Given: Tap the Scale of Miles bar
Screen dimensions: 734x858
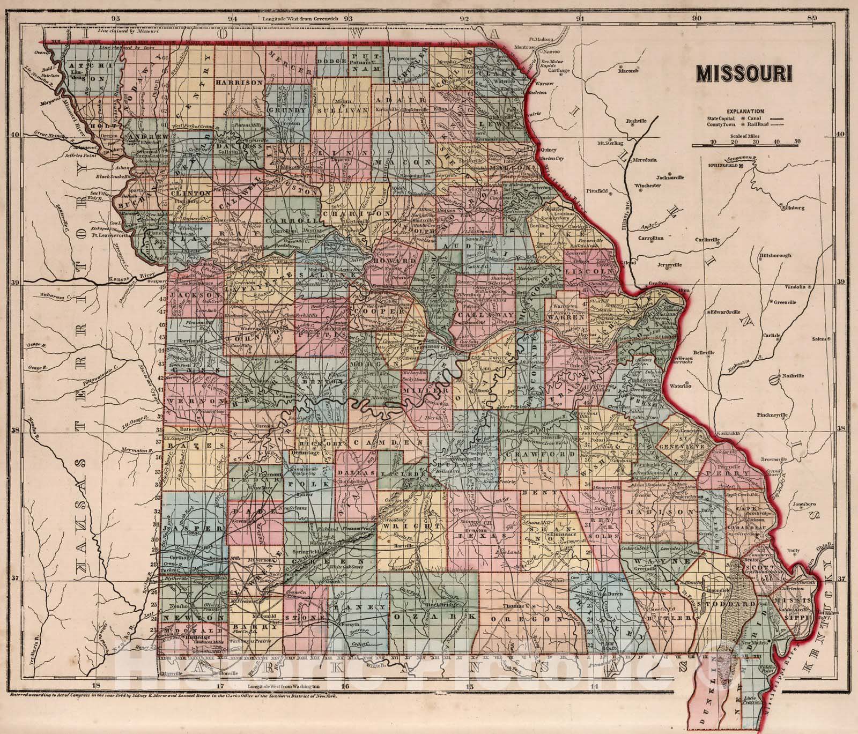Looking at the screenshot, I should click(745, 144).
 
